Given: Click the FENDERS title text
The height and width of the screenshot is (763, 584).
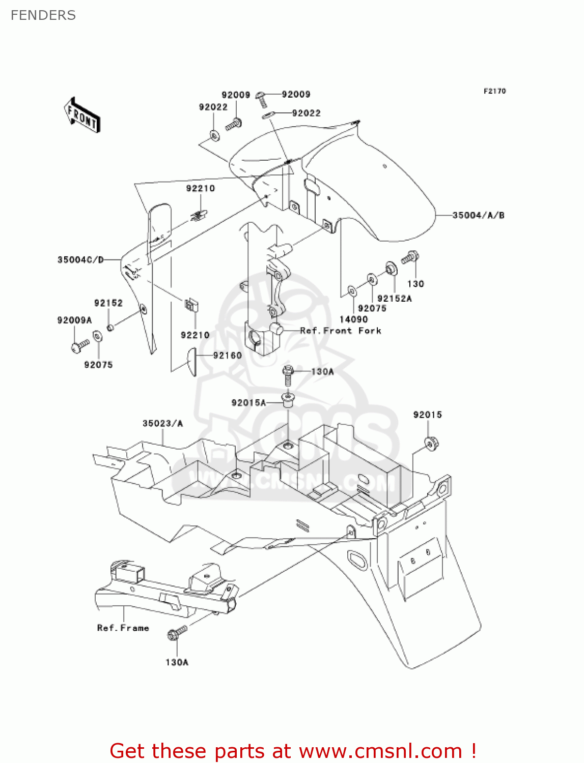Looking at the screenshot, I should click(43, 15).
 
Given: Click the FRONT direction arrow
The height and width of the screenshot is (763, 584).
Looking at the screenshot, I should click(82, 115).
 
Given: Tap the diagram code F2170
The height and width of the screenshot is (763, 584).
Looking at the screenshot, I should click(494, 91).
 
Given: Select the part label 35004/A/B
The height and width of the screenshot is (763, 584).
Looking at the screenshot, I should click(478, 215).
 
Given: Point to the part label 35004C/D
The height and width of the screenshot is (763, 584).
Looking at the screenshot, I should click(80, 260).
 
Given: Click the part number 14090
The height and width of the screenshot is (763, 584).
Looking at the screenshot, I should click(353, 319).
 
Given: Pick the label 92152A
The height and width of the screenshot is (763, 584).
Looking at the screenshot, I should click(394, 299).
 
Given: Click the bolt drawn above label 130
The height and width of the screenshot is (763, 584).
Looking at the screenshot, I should click(410, 257).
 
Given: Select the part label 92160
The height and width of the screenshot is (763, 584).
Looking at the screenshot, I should click(227, 356).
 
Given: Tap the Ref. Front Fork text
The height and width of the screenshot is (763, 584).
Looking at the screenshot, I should click(341, 331).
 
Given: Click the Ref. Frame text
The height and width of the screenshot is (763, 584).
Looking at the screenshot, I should click(123, 628).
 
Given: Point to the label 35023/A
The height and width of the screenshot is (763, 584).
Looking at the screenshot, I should click(162, 423).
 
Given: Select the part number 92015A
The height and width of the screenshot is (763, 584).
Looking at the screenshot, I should click(248, 403).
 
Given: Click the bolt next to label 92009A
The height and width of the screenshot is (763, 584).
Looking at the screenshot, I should click(79, 346).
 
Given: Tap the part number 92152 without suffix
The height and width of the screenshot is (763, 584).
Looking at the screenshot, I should click(108, 303).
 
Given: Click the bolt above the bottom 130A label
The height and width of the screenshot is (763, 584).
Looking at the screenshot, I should click(177, 633).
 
